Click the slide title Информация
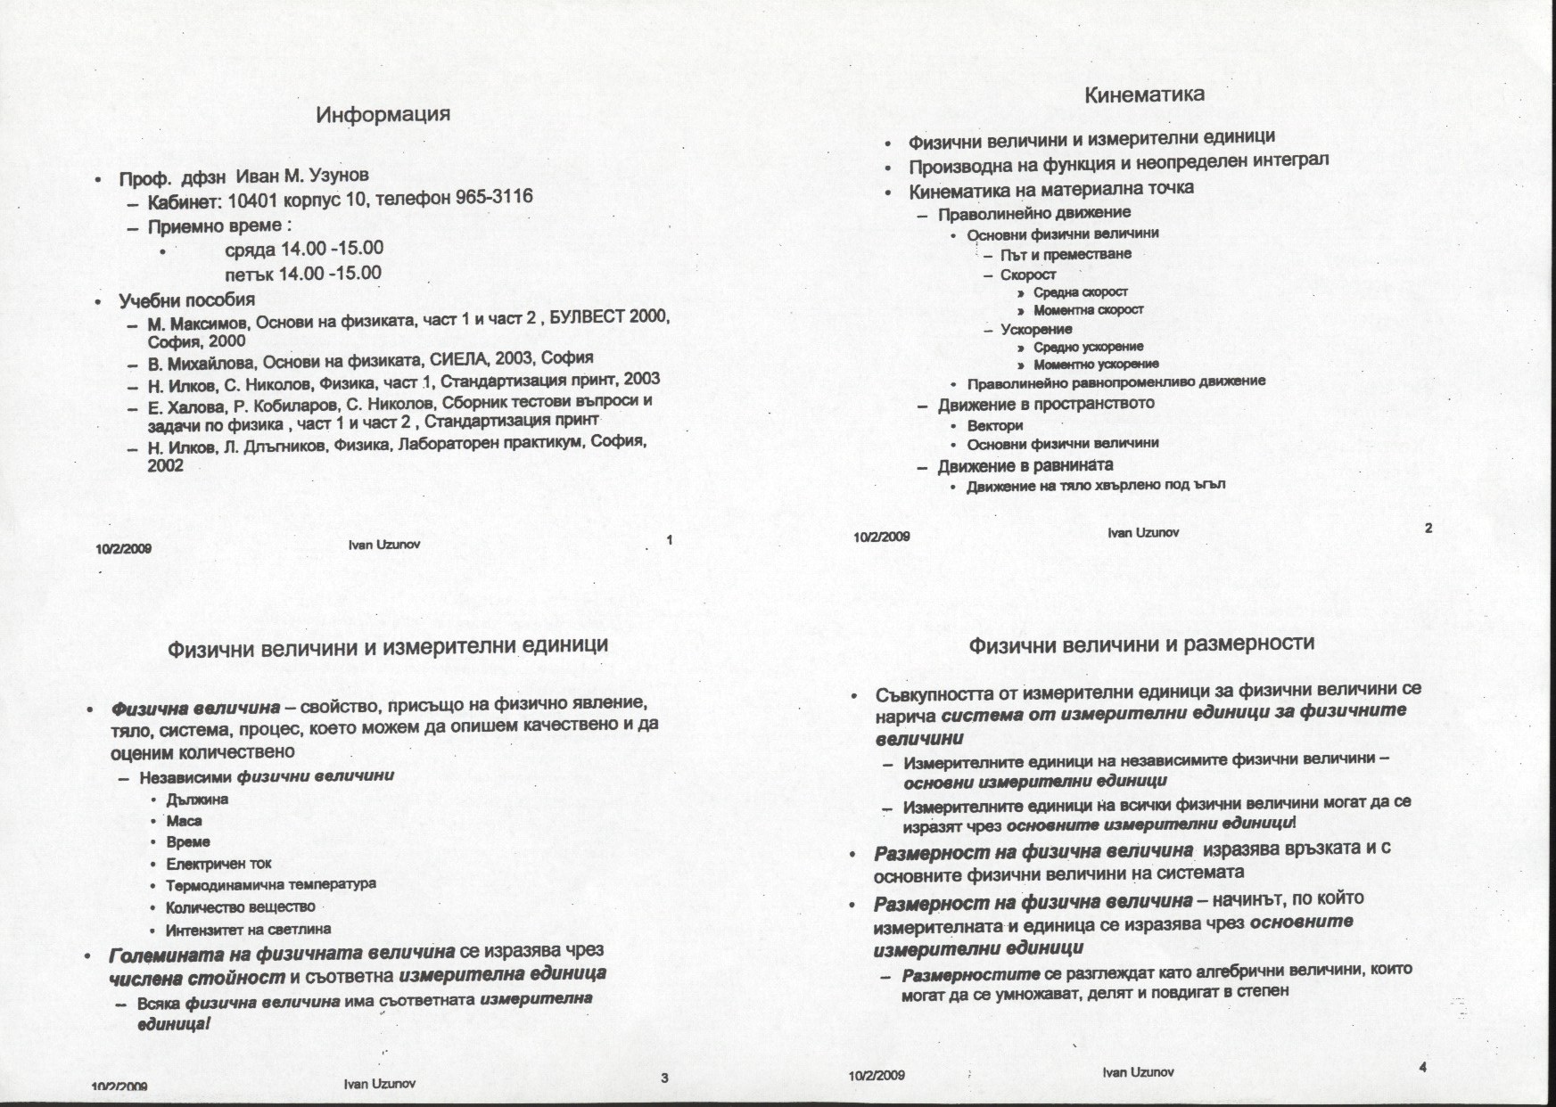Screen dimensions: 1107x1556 click(383, 114)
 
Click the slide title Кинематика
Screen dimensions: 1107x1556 click(1144, 94)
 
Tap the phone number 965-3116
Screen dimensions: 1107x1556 click(494, 196)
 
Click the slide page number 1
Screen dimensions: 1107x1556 click(669, 538)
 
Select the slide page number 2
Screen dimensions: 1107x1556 click(1428, 528)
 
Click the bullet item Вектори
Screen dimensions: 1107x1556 click(994, 425)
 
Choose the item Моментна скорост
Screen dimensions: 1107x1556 click(1088, 310)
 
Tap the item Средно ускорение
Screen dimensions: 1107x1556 click(1088, 347)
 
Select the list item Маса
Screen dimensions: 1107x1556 click(184, 821)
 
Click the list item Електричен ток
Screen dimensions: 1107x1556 click(218, 864)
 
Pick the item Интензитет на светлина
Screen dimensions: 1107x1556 click(248, 930)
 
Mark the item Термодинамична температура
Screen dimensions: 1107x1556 click(270, 884)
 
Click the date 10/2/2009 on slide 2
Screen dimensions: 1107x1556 click(881, 537)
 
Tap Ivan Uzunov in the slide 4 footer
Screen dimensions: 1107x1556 click(1138, 1072)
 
